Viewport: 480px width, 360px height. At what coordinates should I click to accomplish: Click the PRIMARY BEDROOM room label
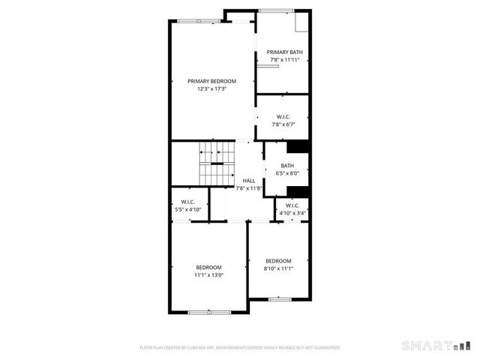click(x=211, y=81)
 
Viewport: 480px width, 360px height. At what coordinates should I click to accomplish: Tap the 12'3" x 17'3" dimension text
click(x=211, y=88)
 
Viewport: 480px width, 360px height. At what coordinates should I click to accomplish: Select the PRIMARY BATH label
click(x=285, y=52)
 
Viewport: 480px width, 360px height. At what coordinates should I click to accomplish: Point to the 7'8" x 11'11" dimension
click(x=285, y=59)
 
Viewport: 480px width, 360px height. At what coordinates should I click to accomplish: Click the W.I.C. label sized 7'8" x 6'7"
click(x=283, y=116)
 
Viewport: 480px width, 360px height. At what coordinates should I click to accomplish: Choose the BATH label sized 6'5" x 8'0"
click(x=287, y=166)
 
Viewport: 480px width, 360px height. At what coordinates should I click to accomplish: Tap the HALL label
click(x=249, y=181)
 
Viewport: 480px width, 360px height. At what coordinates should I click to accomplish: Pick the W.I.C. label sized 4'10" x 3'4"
click(x=292, y=205)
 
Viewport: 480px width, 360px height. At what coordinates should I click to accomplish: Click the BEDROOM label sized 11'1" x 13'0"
click(x=209, y=268)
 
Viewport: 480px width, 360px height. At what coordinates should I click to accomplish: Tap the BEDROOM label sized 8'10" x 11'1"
click(x=278, y=261)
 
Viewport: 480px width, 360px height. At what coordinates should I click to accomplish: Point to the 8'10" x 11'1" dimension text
click(x=278, y=268)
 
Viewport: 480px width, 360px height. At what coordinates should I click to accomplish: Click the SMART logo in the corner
click(x=435, y=346)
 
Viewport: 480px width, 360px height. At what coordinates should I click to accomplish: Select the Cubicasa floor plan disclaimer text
click(x=240, y=347)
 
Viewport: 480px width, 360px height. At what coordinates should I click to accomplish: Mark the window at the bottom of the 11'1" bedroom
click(x=209, y=311)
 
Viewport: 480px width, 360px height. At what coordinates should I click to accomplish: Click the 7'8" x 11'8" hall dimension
click(x=249, y=188)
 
